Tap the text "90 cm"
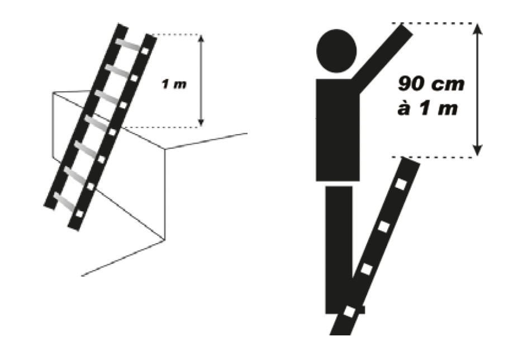coord(431,85)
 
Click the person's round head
coord(337,49)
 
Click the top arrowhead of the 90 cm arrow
coord(476,29)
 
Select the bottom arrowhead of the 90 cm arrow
coord(476,150)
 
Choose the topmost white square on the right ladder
coord(400,183)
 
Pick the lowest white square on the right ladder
coord(350,311)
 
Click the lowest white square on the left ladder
coord(80,213)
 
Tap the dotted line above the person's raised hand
coord(436,23)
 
